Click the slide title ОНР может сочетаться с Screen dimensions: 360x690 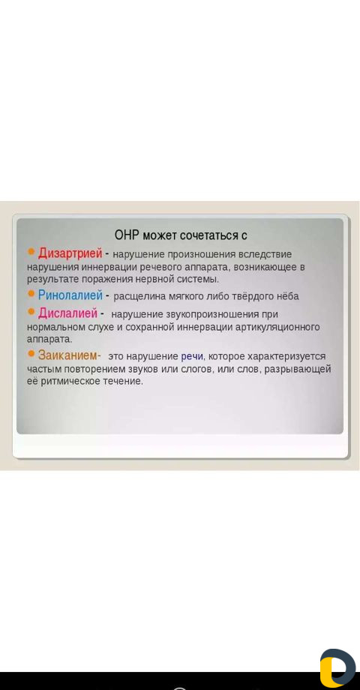coord(181,235)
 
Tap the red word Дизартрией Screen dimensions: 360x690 coord(70,253)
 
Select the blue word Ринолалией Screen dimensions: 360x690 coord(70,295)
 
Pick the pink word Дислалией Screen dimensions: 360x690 coord(67,313)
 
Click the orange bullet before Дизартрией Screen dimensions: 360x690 coord(31,251)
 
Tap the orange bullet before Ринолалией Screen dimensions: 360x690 coord(31,293)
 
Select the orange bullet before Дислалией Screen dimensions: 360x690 coord(31,311)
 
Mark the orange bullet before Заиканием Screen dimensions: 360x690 coord(31,353)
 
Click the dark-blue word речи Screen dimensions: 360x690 coord(192,356)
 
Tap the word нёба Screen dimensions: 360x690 coord(288,296)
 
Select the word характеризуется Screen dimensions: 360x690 coord(286,356)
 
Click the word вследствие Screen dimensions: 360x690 coord(265,255)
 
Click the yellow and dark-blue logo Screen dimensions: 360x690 coord(337,667)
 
